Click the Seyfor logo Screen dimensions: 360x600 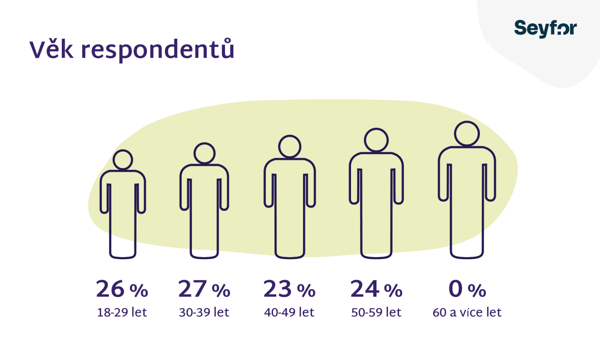tap(545, 28)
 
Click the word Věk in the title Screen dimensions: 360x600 tap(51, 49)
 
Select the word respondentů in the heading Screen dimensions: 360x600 tap(157, 49)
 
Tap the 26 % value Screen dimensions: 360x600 tap(122, 289)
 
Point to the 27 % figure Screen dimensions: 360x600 tap(204, 289)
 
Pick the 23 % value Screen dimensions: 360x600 tap(289, 289)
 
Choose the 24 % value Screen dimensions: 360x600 tap(376, 289)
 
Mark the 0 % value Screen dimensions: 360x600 tap(467, 289)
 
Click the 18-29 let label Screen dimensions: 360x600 tap(122, 312)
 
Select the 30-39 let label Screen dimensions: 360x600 tap(204, 312)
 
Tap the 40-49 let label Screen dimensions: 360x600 tap(289, 312)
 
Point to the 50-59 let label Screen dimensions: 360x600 tap(376, 312)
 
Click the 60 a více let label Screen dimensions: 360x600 tap(467, 312)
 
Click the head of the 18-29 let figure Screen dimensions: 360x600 tap(123, 160)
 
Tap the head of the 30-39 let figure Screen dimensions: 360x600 tap(204, 153)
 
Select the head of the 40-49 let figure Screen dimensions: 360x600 tap(289, 146)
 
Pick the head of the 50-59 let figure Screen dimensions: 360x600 tap(376, 140)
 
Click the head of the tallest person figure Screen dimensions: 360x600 tap(467, 133)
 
